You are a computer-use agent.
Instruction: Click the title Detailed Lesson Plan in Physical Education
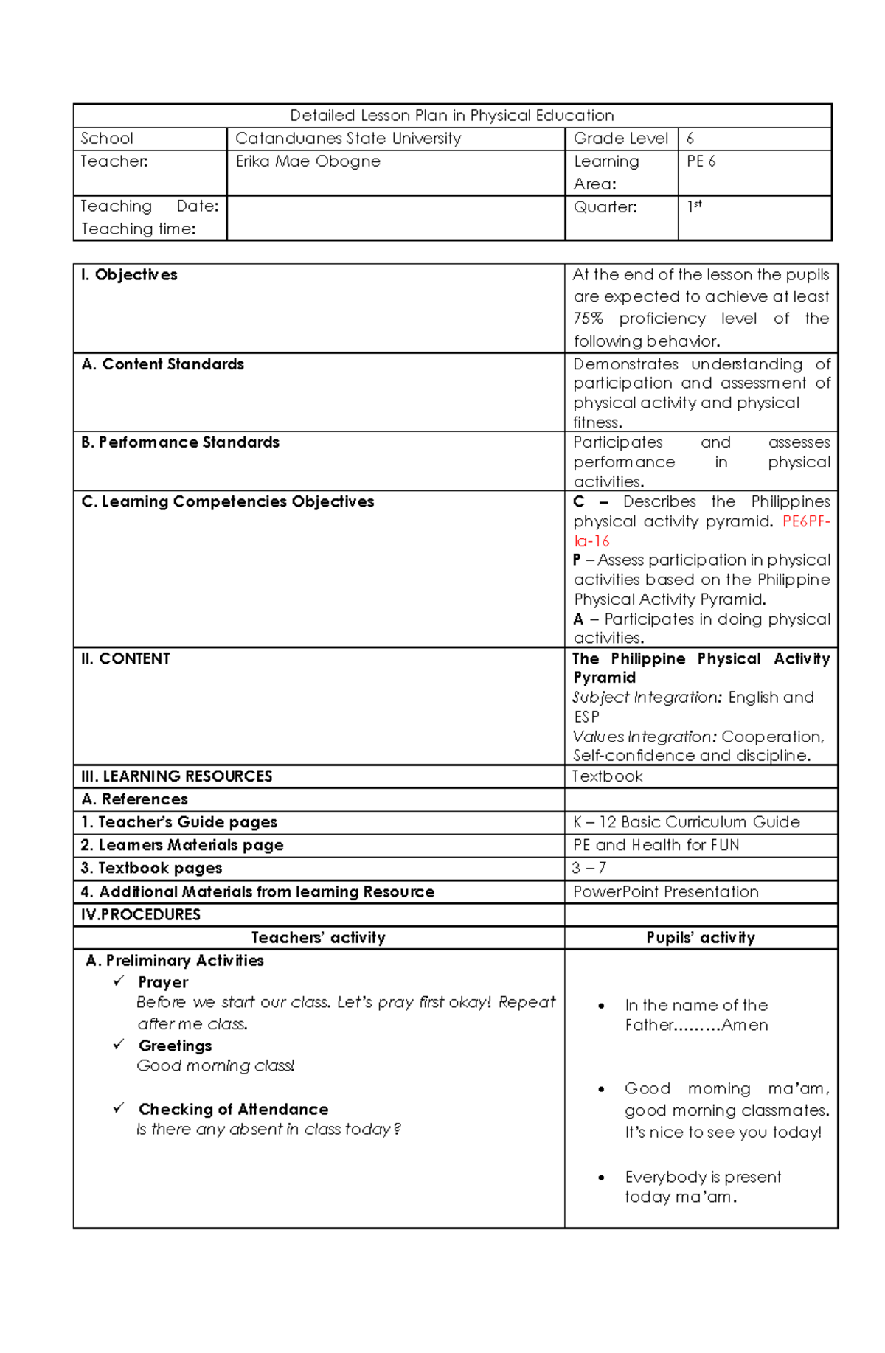point(451,116)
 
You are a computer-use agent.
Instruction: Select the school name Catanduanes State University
point(348,139)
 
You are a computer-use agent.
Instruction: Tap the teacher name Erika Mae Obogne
point(308,161)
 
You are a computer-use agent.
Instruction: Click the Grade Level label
point(620,139)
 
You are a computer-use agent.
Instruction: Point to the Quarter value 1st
point(694,206)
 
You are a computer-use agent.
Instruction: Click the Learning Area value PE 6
point(701,161)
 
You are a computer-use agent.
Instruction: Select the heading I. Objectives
point(129,275)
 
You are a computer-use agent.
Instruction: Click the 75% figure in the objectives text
point(588,319)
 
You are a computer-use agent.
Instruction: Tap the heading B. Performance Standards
point(180,442)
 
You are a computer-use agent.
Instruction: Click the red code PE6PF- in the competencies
point(805,521)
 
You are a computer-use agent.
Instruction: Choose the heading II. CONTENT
point(125,659)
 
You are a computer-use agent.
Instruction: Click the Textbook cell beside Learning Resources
point(608,776)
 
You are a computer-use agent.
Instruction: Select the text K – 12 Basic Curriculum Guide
point(686,822)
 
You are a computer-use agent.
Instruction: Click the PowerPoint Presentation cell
point(665,892)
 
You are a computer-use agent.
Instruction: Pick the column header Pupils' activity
point(700,938)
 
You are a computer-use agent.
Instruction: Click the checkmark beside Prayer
point(119,981)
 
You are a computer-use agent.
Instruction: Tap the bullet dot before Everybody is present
point(602,1178)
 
